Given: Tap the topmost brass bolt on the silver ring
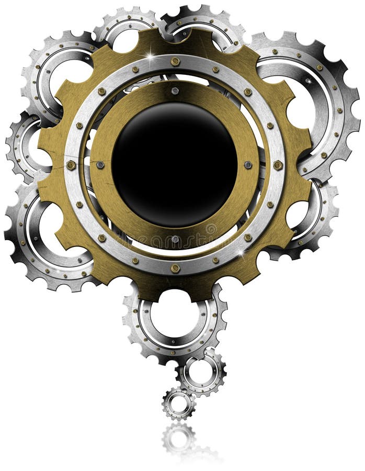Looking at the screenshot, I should pyautogui.click(x=175, y=62).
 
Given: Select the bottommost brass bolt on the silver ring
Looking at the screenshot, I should pyautogui.click(x=175, y=268).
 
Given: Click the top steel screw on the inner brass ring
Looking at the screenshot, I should pyautogui.click(x=175, y=91).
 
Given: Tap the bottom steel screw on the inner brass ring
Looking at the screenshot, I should pyautogui.click(x=175, y=240).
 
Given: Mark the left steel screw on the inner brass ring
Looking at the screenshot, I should pyautogui.click(x=100, y=165).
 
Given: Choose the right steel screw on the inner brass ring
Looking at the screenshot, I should pyautogui.click(x=248, y=165).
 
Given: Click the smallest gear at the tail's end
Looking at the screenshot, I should pyautogui.click(x=179, y=404).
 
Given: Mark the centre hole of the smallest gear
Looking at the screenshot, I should pyautogui.click(x=179, y=404).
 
